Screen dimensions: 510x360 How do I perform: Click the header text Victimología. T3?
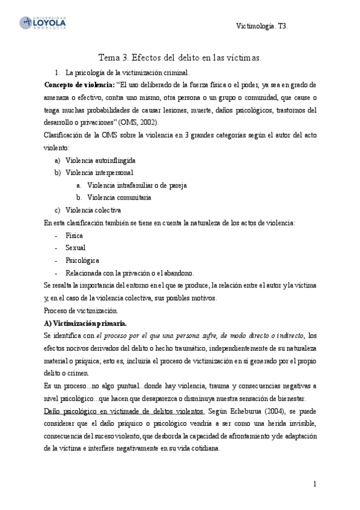click(x=264, y=26)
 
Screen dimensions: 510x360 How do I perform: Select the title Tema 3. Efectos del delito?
click(x=180, y=58)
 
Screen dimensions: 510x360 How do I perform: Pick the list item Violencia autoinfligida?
click(x=100, y=161)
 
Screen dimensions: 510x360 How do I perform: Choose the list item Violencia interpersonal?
click(x=99, y=173)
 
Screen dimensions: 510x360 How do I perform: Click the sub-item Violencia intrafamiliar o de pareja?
click(x=136, y=185)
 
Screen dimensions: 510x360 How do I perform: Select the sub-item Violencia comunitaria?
click(x=119, y=197)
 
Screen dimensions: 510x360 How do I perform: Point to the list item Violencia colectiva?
click(x=93, y=210)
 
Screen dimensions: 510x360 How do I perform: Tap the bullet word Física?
click(x=75, y=236)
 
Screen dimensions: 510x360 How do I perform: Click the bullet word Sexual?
click(x=76, y=248)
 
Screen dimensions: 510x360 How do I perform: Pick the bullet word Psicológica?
click(x=82, y=260)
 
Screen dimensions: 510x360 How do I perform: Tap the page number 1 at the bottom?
click(x=314, y=484)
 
